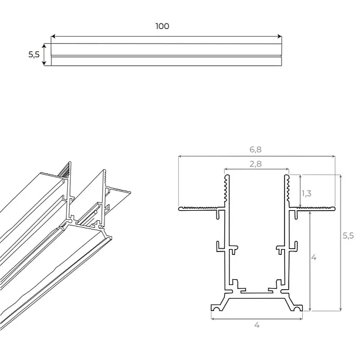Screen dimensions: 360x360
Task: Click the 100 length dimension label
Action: (162, 26)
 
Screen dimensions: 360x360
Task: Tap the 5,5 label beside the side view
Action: (34, 54)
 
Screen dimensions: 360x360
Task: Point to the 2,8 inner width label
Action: (256, 164)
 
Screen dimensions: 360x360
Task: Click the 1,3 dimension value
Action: (307, 193)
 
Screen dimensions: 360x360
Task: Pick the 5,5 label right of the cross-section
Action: (348, 235)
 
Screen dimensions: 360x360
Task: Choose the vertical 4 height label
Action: (314, 258)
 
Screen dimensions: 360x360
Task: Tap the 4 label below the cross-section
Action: (257, 325)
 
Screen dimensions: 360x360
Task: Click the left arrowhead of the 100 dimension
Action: (53, 37)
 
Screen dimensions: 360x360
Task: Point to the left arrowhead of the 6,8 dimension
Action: (180, 157)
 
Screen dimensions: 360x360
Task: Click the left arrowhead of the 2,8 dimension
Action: (227, 169)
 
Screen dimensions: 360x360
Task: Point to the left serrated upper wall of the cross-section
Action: (226, 190)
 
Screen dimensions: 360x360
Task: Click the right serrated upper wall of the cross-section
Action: (287, 190)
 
